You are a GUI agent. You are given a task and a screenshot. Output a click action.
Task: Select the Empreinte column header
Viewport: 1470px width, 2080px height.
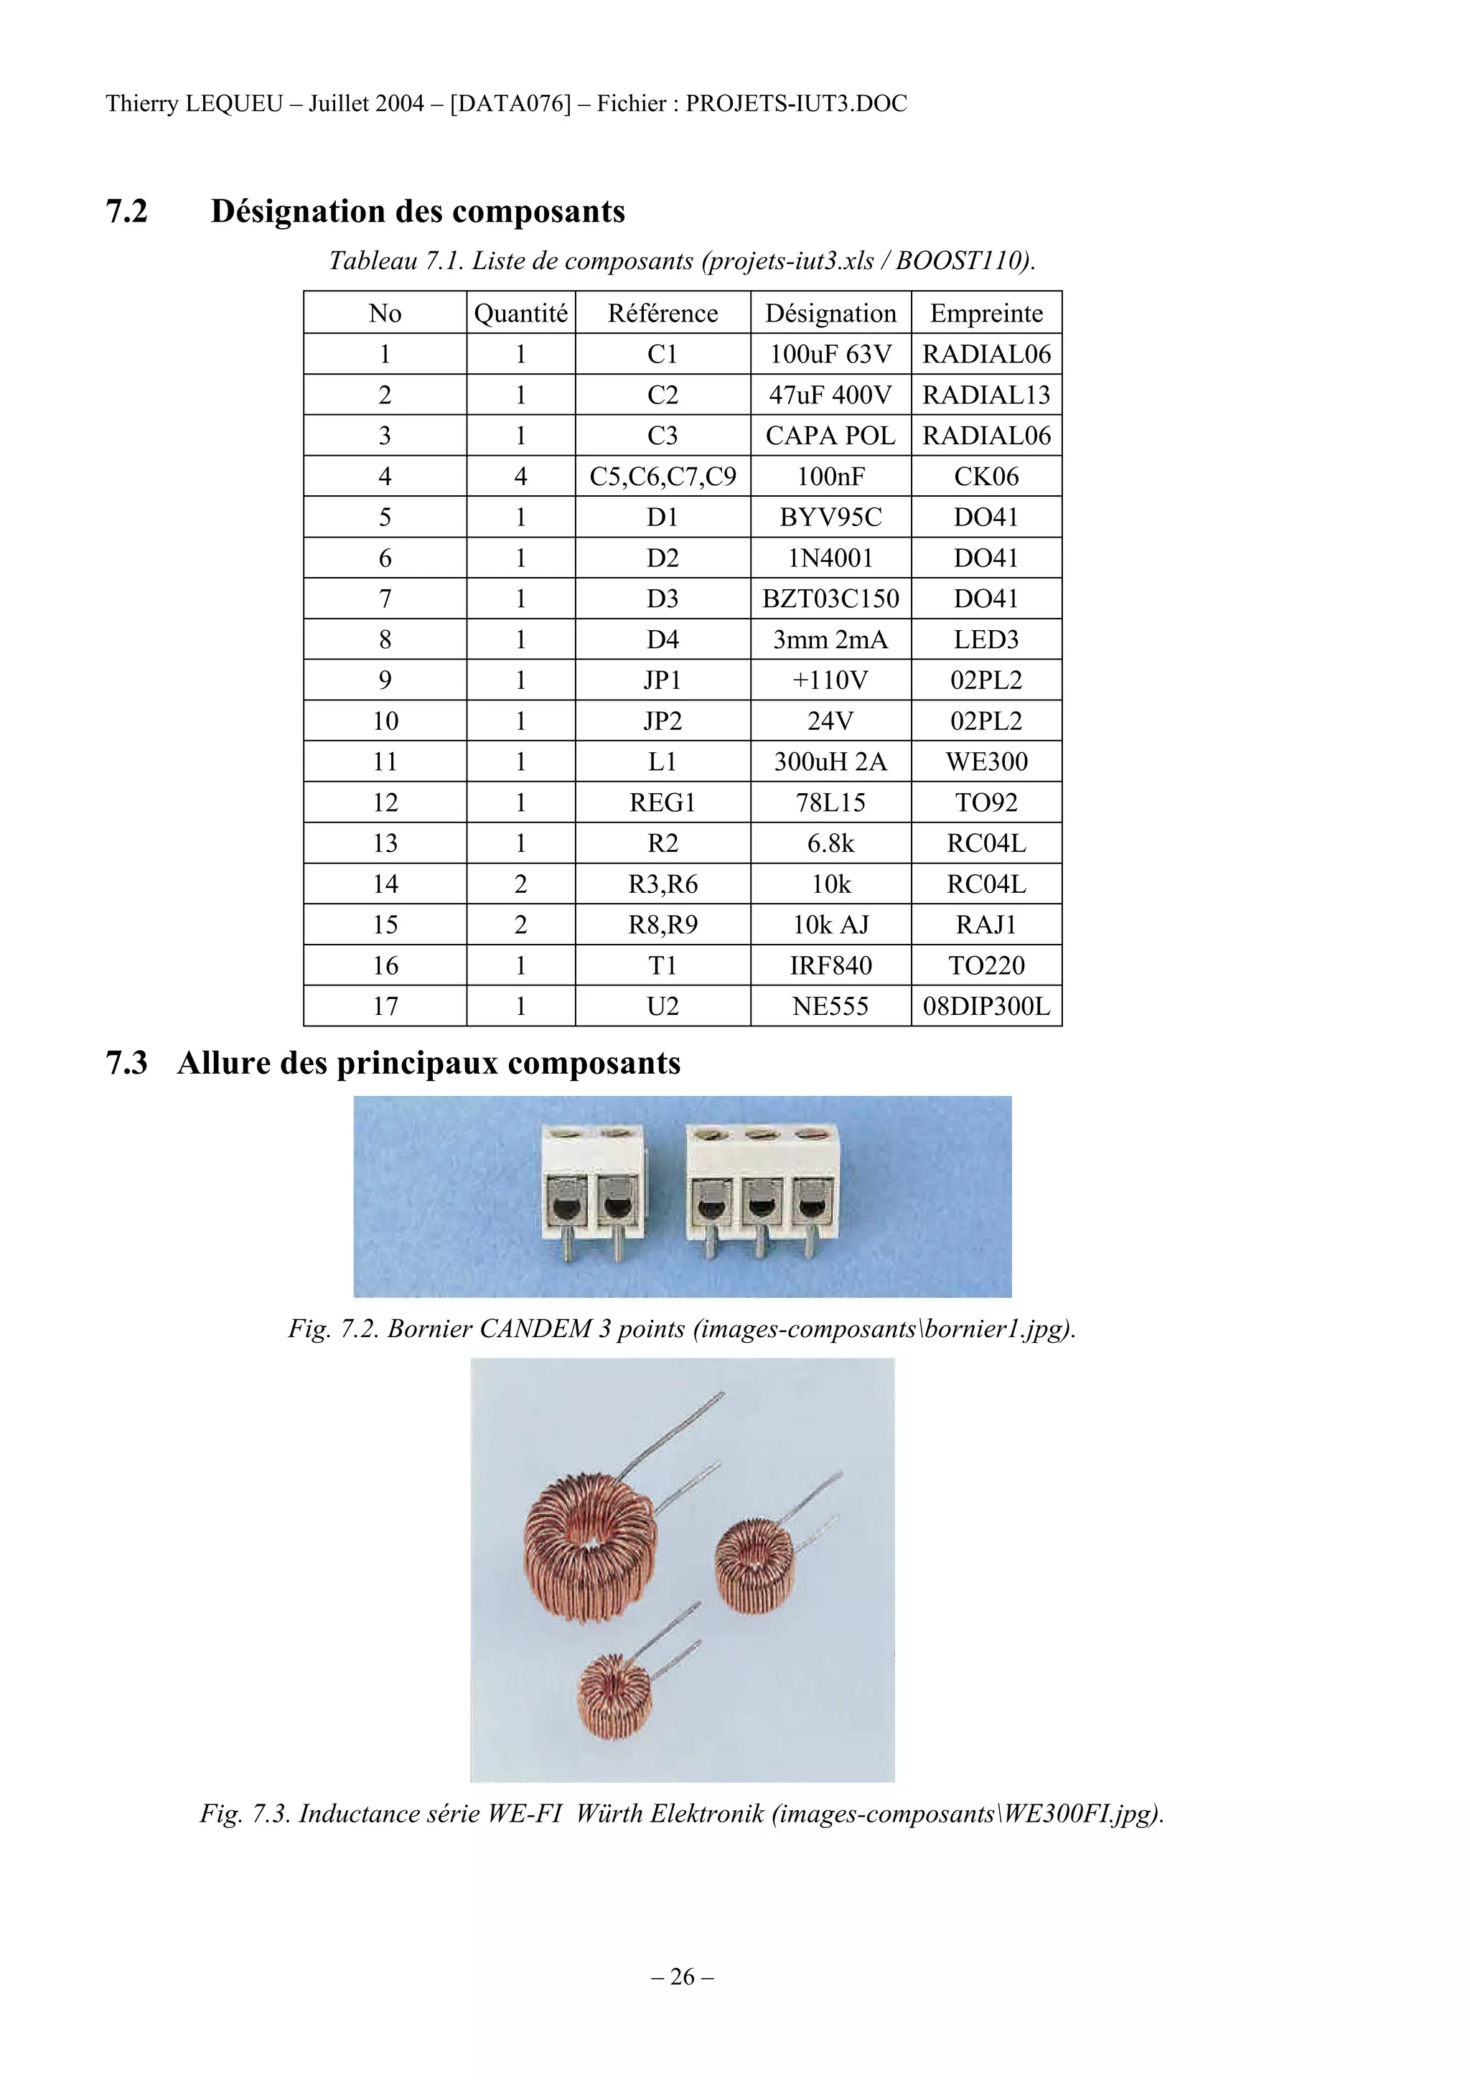click(986, 314)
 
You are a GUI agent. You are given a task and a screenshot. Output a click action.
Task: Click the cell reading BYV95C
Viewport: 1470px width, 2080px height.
click(830, 517)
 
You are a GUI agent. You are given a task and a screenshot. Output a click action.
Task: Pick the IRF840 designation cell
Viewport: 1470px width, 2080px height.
click(830, 966)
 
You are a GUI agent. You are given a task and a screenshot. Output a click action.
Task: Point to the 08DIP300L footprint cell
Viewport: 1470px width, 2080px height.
click(986, 1006)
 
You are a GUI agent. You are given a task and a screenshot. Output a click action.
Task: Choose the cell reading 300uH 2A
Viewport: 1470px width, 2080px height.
click(830, 762)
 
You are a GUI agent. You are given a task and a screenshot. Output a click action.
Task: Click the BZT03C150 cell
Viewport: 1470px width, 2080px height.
click(830, 599)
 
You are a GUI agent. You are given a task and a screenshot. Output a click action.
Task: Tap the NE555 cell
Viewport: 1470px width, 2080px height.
click(830, 1006)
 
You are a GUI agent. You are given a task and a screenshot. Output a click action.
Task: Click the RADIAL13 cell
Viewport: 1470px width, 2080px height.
click(986, 395)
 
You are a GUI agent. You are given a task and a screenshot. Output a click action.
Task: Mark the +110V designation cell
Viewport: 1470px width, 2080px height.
click(830, 680)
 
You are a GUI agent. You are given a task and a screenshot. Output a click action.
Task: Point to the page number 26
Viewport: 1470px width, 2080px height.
click(682, 1976)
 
